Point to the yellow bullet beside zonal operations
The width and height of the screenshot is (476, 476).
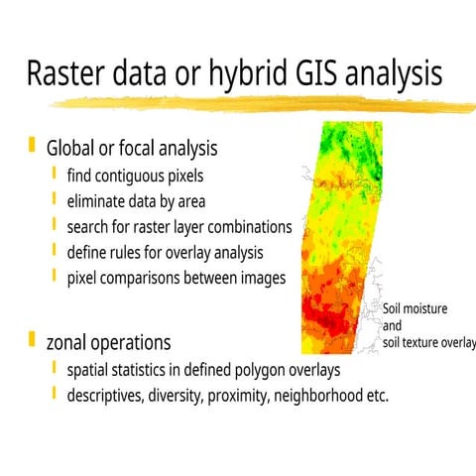click(32, 340)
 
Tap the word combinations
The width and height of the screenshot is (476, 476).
click(249, 227)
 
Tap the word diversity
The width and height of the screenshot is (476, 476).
click(199, 396)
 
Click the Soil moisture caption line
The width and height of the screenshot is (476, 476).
click(415, 308)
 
